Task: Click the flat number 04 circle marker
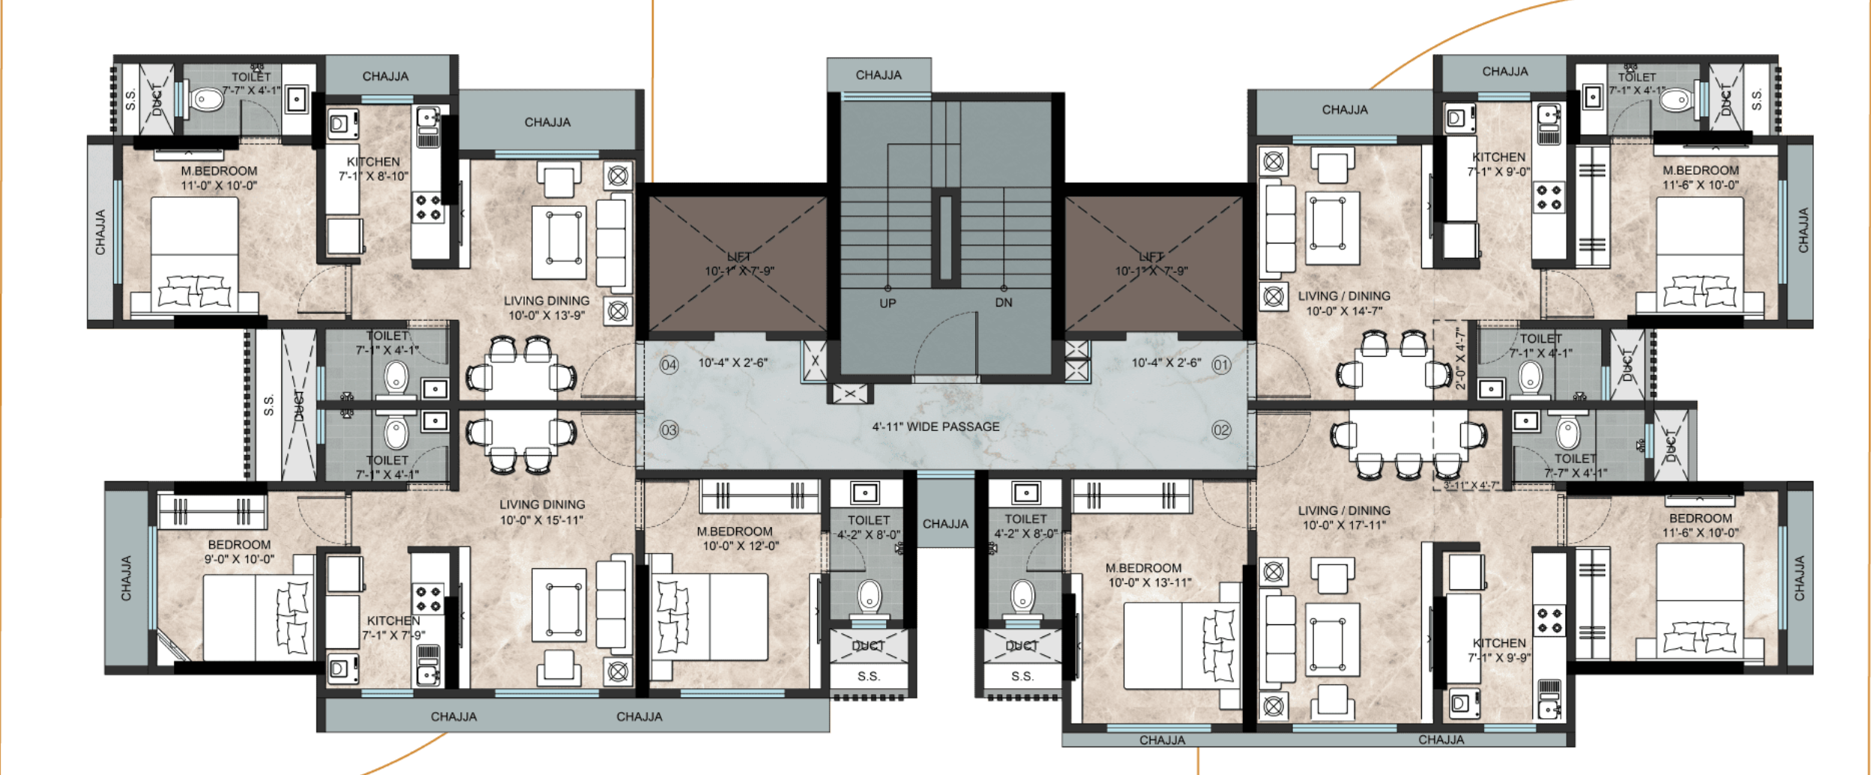pos(669,365)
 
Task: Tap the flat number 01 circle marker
pos(1221,365)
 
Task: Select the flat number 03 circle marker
pos(669,430)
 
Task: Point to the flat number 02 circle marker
pos(1221,429)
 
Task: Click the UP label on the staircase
pos(888,304)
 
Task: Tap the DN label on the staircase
pos(1004,303)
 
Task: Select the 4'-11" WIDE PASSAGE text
pos(935,426)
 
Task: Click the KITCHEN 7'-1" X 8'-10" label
pos(373,169)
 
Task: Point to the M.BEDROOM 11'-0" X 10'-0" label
pos(219,178)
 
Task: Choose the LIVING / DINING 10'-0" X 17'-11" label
pos(1344,517)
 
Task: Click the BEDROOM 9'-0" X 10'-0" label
pos(239,552)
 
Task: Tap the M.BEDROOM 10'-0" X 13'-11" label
pos(1149,575)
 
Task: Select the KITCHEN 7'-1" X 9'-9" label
pos(1499,650)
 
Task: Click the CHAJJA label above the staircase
pos(879,75)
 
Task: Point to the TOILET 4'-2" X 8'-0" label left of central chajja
pos(869,527)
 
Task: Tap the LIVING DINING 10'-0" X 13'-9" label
pos(546,307)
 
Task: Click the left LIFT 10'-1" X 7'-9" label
pos(739,264)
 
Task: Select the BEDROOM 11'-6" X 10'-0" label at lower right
pos(1700,525)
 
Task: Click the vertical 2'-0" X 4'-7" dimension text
pos(1459,358)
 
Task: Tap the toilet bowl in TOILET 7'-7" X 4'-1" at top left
pos(204,99)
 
